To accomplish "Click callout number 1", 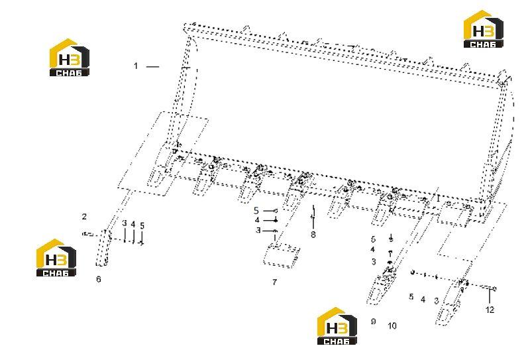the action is [136, 66].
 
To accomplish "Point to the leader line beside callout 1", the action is [152, 67].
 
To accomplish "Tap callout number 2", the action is [84, 216].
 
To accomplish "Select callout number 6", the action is [98, 279].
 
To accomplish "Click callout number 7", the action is [274, 282].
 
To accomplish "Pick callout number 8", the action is [313, 234].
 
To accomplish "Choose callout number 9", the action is [373, 321].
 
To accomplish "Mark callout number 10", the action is [392, 326].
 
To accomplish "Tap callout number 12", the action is [490, 309].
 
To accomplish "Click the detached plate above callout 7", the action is [282, 256].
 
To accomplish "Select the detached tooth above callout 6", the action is [103, 248].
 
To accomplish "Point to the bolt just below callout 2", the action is [87, 233].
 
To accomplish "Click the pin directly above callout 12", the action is [489, 288].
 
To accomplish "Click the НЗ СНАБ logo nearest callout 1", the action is [70, 57].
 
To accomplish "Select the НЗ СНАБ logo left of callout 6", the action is [56, 257].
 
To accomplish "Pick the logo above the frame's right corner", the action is [484, 29].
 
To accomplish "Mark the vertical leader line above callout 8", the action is [313, 216].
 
